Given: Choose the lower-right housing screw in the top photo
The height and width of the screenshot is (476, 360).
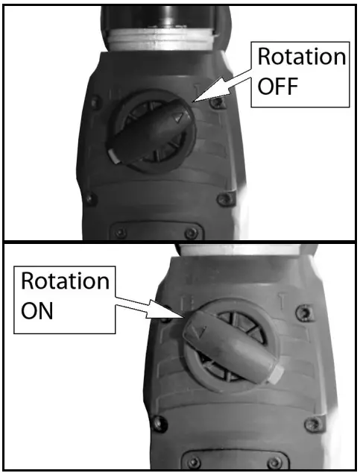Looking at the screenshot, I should [x=222, y=200].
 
